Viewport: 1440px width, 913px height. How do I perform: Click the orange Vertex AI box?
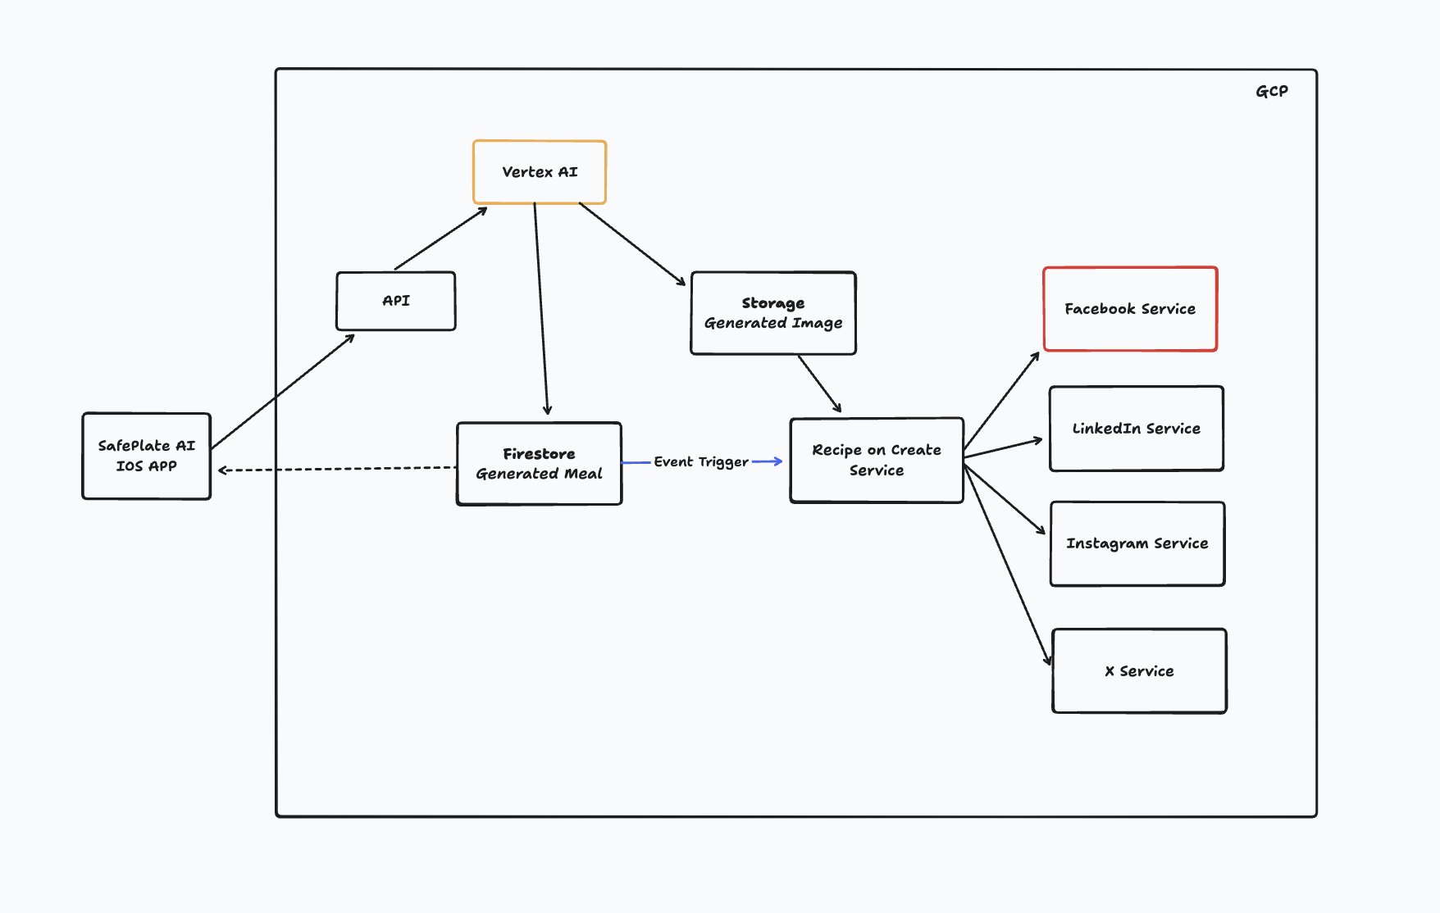[x=539, y=172]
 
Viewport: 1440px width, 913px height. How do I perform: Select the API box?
[x=395, y=301]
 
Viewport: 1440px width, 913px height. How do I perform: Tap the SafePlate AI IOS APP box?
[x=146, y=456]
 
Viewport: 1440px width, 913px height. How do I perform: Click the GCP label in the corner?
[x=1271, y=91]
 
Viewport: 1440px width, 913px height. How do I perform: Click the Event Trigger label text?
[x=700, y=462]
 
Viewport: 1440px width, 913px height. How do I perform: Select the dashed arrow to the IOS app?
[x=336, y=470]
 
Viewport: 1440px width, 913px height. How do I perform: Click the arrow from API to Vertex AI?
[x=440, y=238]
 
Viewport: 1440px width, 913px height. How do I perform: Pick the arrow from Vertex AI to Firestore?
[x=541, y=311]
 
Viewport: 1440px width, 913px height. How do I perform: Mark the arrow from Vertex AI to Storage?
[x=631, y=243]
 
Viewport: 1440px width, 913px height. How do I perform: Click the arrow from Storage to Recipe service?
[x=819, y=383]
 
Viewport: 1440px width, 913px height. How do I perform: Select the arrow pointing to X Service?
[x=1007, y=566]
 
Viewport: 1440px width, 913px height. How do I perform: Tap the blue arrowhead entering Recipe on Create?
[x=777, y=461]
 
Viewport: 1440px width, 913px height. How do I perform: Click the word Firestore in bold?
[x=539, y=453]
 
